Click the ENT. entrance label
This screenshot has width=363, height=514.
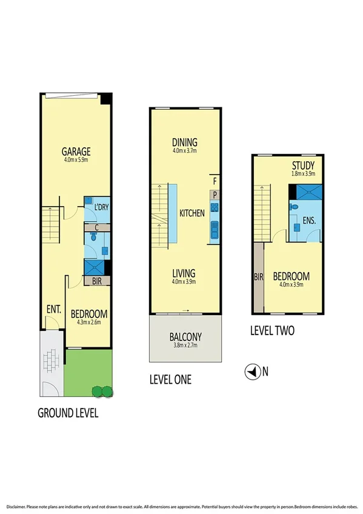(55, 309)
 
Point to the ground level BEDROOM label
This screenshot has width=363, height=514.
(89, 314)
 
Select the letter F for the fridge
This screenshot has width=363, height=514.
(213, 180)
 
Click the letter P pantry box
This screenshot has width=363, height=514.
(214, 194)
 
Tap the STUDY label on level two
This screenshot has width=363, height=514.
(303, 166)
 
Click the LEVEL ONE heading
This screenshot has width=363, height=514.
(170, 380)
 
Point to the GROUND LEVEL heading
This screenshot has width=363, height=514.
(68, 413)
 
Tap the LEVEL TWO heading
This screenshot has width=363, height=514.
(272, 332)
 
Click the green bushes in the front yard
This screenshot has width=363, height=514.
(101, 391)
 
